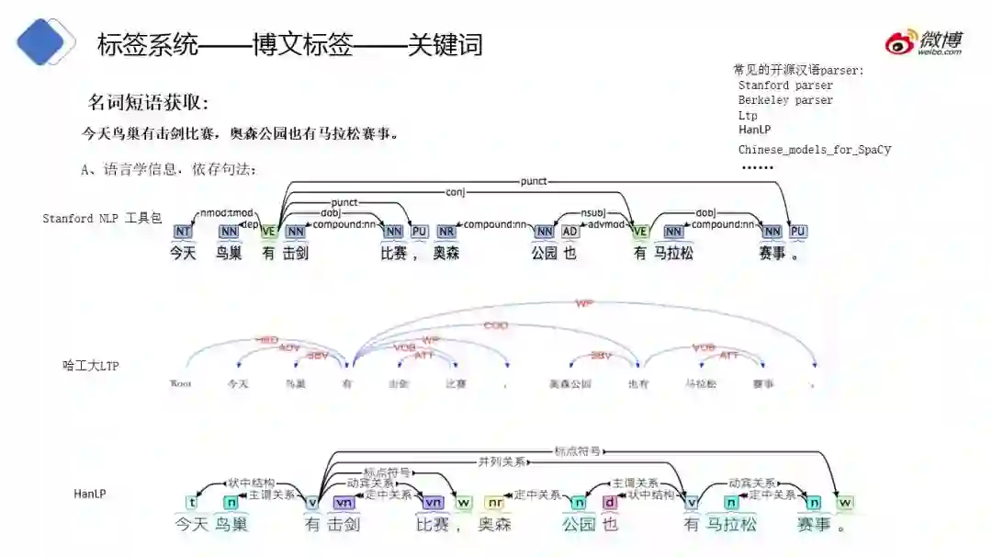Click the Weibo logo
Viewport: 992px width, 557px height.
(x=923, y=42)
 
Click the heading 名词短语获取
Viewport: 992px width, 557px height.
(x=148, y=102)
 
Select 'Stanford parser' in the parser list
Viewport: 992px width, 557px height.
(x=785, y=85)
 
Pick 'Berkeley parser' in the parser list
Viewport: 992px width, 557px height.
(x=785, y=100)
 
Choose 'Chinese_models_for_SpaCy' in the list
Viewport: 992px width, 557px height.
(x=814, y=150)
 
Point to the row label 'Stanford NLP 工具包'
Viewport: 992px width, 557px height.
(x=102, y=219)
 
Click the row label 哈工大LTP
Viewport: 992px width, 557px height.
(x=90, y=366)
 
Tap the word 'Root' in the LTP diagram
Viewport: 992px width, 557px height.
(x=181, y=383)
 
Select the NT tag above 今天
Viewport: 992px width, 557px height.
(x=183, y=232)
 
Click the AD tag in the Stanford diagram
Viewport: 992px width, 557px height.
(x=570, y=232)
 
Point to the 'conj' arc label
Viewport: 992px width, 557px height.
(x=455, y=192)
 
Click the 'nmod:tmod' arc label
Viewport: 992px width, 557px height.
(x=227, y=212)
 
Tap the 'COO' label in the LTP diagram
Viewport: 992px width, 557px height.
(x=496, y=325)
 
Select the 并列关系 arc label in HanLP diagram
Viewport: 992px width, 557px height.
(x=502, y=461)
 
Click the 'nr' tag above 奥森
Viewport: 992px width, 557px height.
(x=494, y=503)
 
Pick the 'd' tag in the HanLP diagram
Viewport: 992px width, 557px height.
(x=610, y=503)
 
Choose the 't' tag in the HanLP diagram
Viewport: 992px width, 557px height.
(x=191, y=503)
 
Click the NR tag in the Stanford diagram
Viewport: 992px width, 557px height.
(x=446, y=232)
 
